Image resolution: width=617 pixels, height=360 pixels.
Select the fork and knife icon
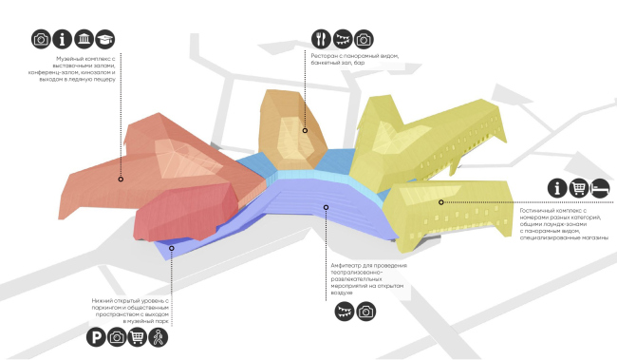pos(320,39)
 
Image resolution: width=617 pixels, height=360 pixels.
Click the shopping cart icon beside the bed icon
pos(578,188)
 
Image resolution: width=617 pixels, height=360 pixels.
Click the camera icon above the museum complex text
pos(41,39)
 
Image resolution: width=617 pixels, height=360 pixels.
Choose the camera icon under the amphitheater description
pos(365,312)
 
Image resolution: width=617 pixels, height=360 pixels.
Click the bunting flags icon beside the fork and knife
pos(342,39)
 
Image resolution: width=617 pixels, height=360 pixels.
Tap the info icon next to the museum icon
pos(62,39)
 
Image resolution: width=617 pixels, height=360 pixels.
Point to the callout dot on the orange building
pos(305,131)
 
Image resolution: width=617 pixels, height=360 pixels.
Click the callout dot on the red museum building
pos(121,179)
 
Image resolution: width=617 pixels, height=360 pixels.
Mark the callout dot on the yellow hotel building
pos(439,201)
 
